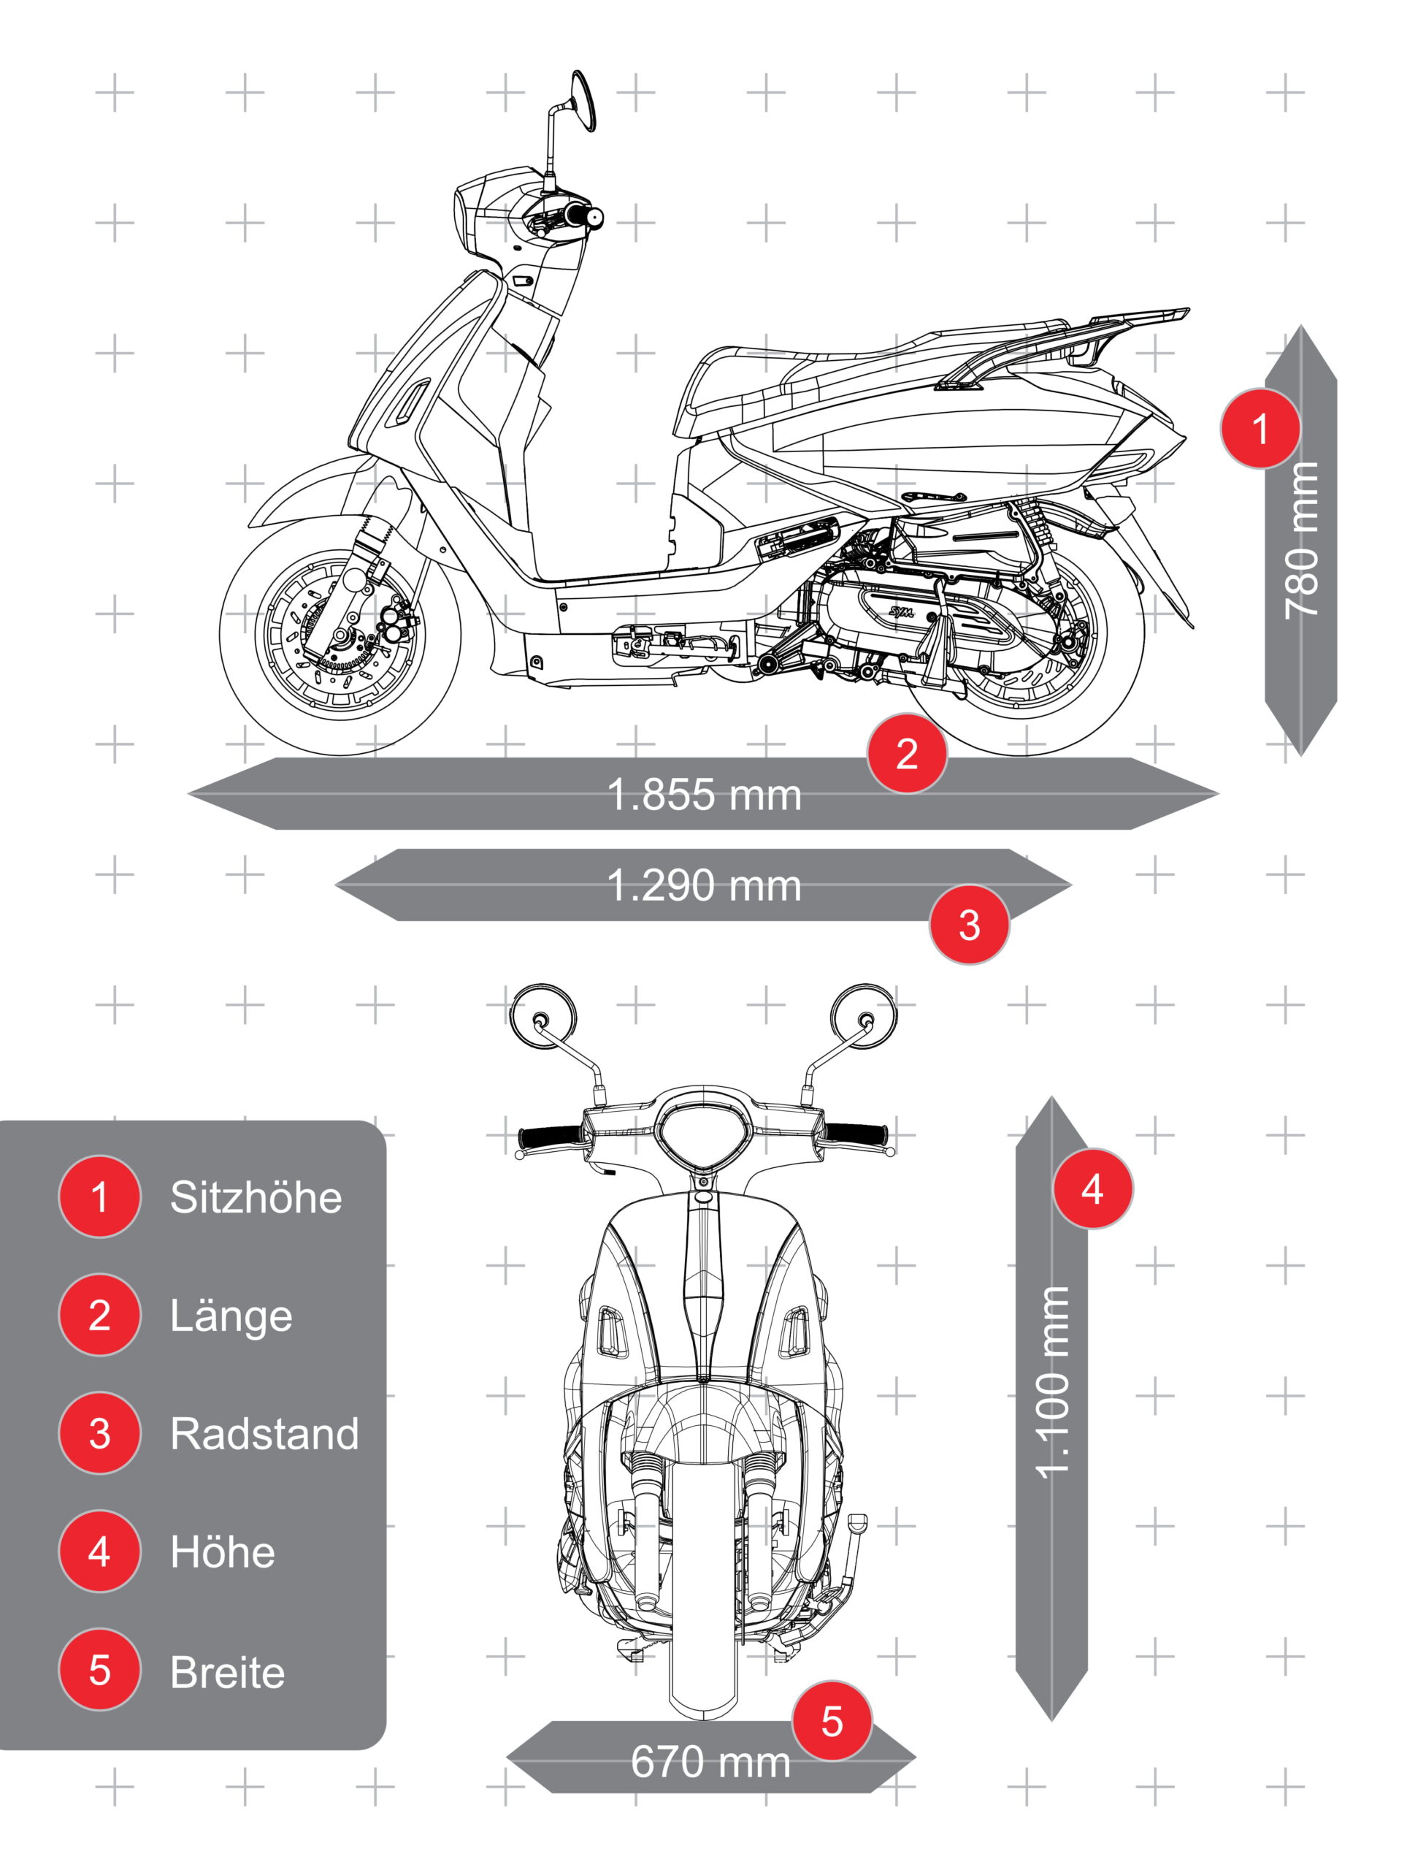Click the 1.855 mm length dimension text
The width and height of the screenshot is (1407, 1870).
(x=704, y=795)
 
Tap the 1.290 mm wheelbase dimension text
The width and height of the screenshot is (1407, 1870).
(x=704, y=886)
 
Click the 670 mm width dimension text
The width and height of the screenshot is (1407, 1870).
(x=710, y=1762)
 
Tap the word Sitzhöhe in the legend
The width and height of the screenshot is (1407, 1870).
(x=256, y=1197)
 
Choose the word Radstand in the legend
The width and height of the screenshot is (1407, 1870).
(x=264, y=1434)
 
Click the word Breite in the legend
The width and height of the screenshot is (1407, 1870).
(x=227, y=1672)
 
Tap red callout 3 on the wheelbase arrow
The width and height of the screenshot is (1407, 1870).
(x=969, y=925)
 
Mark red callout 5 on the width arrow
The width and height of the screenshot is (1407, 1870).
(x=832, y=1721)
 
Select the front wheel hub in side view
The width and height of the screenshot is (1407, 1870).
(x=340, y=635)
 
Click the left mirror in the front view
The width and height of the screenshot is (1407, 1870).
(x=543, y=1015)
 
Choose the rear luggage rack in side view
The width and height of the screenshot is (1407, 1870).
(x=1065, y=347)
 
